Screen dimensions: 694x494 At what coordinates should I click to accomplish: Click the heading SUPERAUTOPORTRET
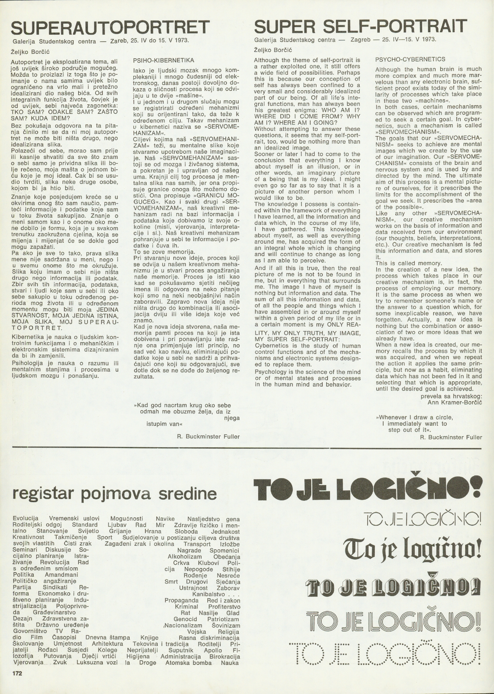(111, 28)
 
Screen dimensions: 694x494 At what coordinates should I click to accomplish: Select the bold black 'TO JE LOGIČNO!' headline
(368, 488)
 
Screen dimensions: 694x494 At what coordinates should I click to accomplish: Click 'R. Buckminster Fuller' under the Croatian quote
(208, 437)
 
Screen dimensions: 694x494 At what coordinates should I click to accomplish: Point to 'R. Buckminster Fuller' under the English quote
(451, 437)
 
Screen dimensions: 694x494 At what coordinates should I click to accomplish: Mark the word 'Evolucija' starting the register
(25, 519)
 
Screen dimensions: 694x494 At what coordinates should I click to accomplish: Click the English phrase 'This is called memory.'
(403, 263)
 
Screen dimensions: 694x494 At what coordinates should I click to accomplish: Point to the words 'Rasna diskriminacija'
(209, 638)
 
